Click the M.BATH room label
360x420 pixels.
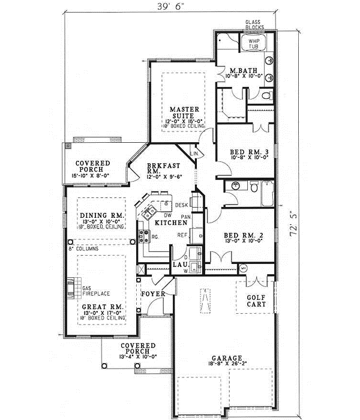pyautogui.click(x=243, y=71)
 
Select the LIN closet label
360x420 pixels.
pyautogui.click(x=193, y=154)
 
